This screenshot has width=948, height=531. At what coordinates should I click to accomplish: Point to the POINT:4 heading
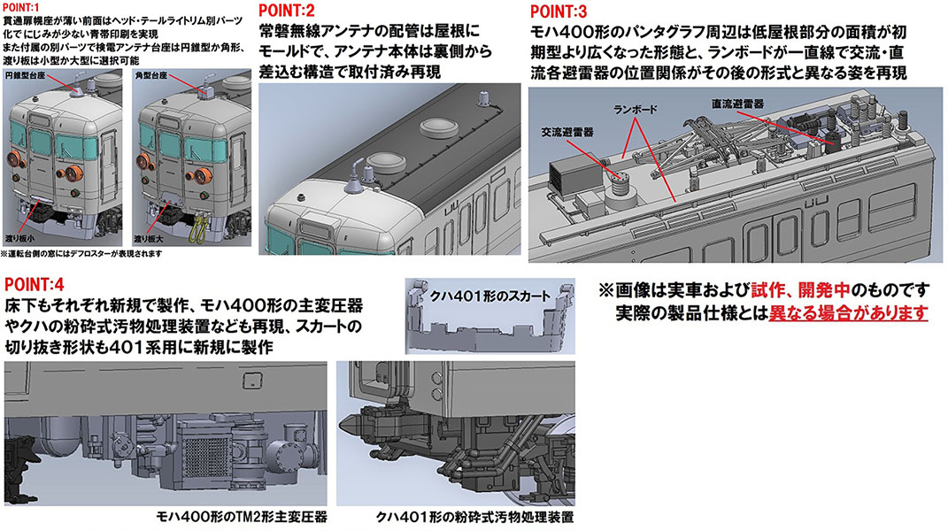tap(35, 285)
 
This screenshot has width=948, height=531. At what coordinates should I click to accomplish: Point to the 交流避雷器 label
tap(566, 130)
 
